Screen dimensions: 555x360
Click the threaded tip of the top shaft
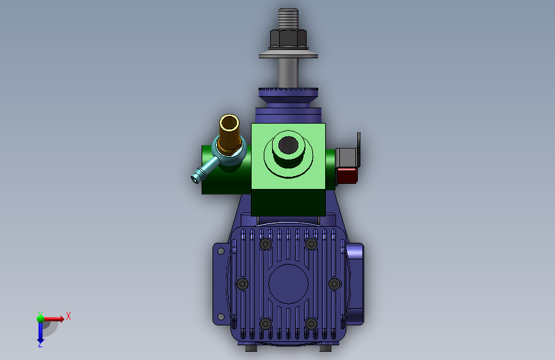[x=288, y=19]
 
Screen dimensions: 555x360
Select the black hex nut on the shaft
[x=288, y=38]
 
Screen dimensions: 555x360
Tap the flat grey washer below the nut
[x=288, y=54]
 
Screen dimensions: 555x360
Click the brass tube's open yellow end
[x=229, y=123]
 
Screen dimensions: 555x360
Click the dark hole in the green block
[x=288, y=145]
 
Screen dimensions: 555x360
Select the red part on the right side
[x=347, y=176]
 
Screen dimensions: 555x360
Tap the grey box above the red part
[x=346, y=158]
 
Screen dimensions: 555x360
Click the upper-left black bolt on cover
[x=266, y=244]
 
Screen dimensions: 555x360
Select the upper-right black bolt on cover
[x=311, y=244]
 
